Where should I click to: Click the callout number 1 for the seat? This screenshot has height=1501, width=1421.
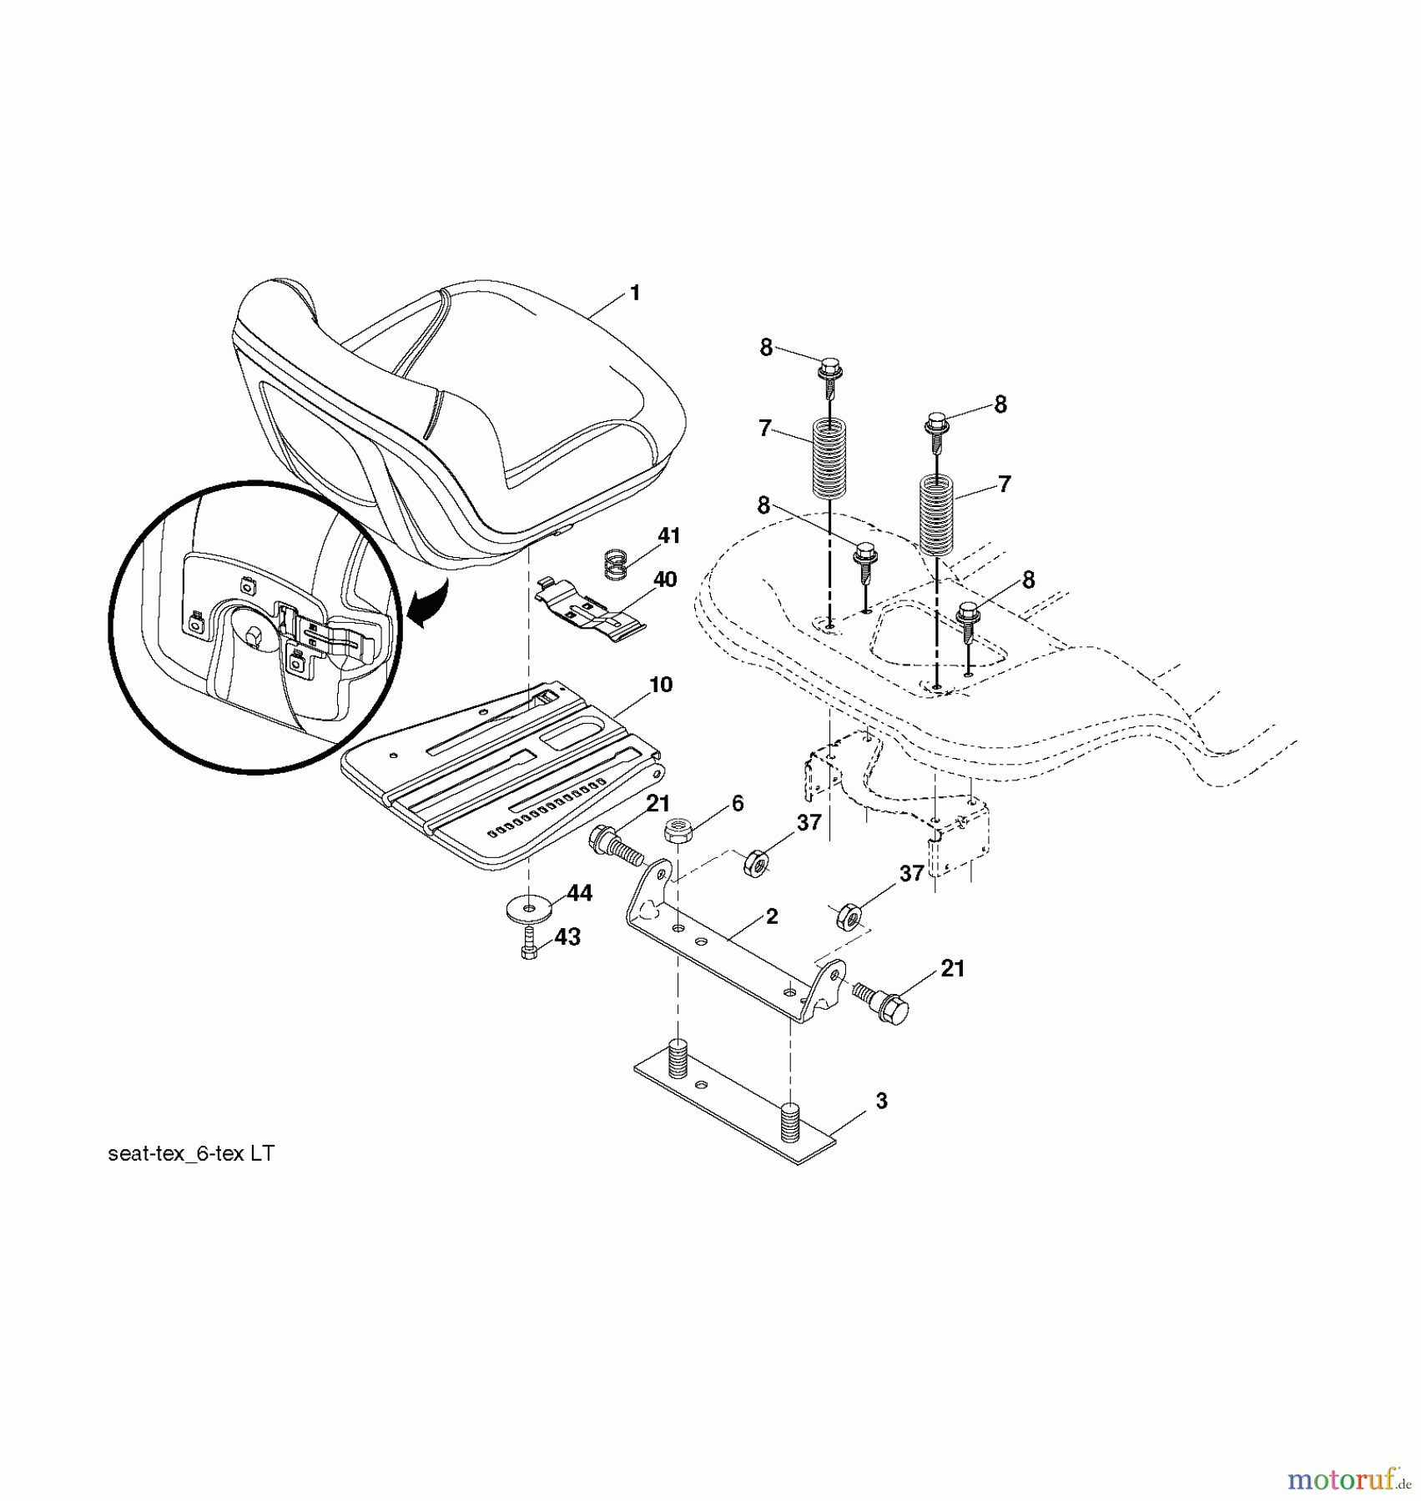pyautogui.click(x=635, y=294)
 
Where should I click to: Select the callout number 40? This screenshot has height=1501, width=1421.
pyautogui.click(x=665, y=579)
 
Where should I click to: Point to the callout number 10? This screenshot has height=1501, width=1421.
pyautogui.click(x=660, y=685)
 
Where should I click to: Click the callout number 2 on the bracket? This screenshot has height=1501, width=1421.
pyautogui.click(x=772, y=916)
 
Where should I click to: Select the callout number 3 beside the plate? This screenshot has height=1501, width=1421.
pyautogui.click(x=881, y=1101)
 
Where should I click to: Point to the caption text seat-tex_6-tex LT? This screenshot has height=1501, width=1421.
pyautogui.click(x=191, y=1153)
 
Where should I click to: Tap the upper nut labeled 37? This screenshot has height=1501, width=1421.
pyautogui.click(x=756, y=861)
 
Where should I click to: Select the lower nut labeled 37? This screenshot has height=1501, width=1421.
pyautogui.click(x=849, y=916)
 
